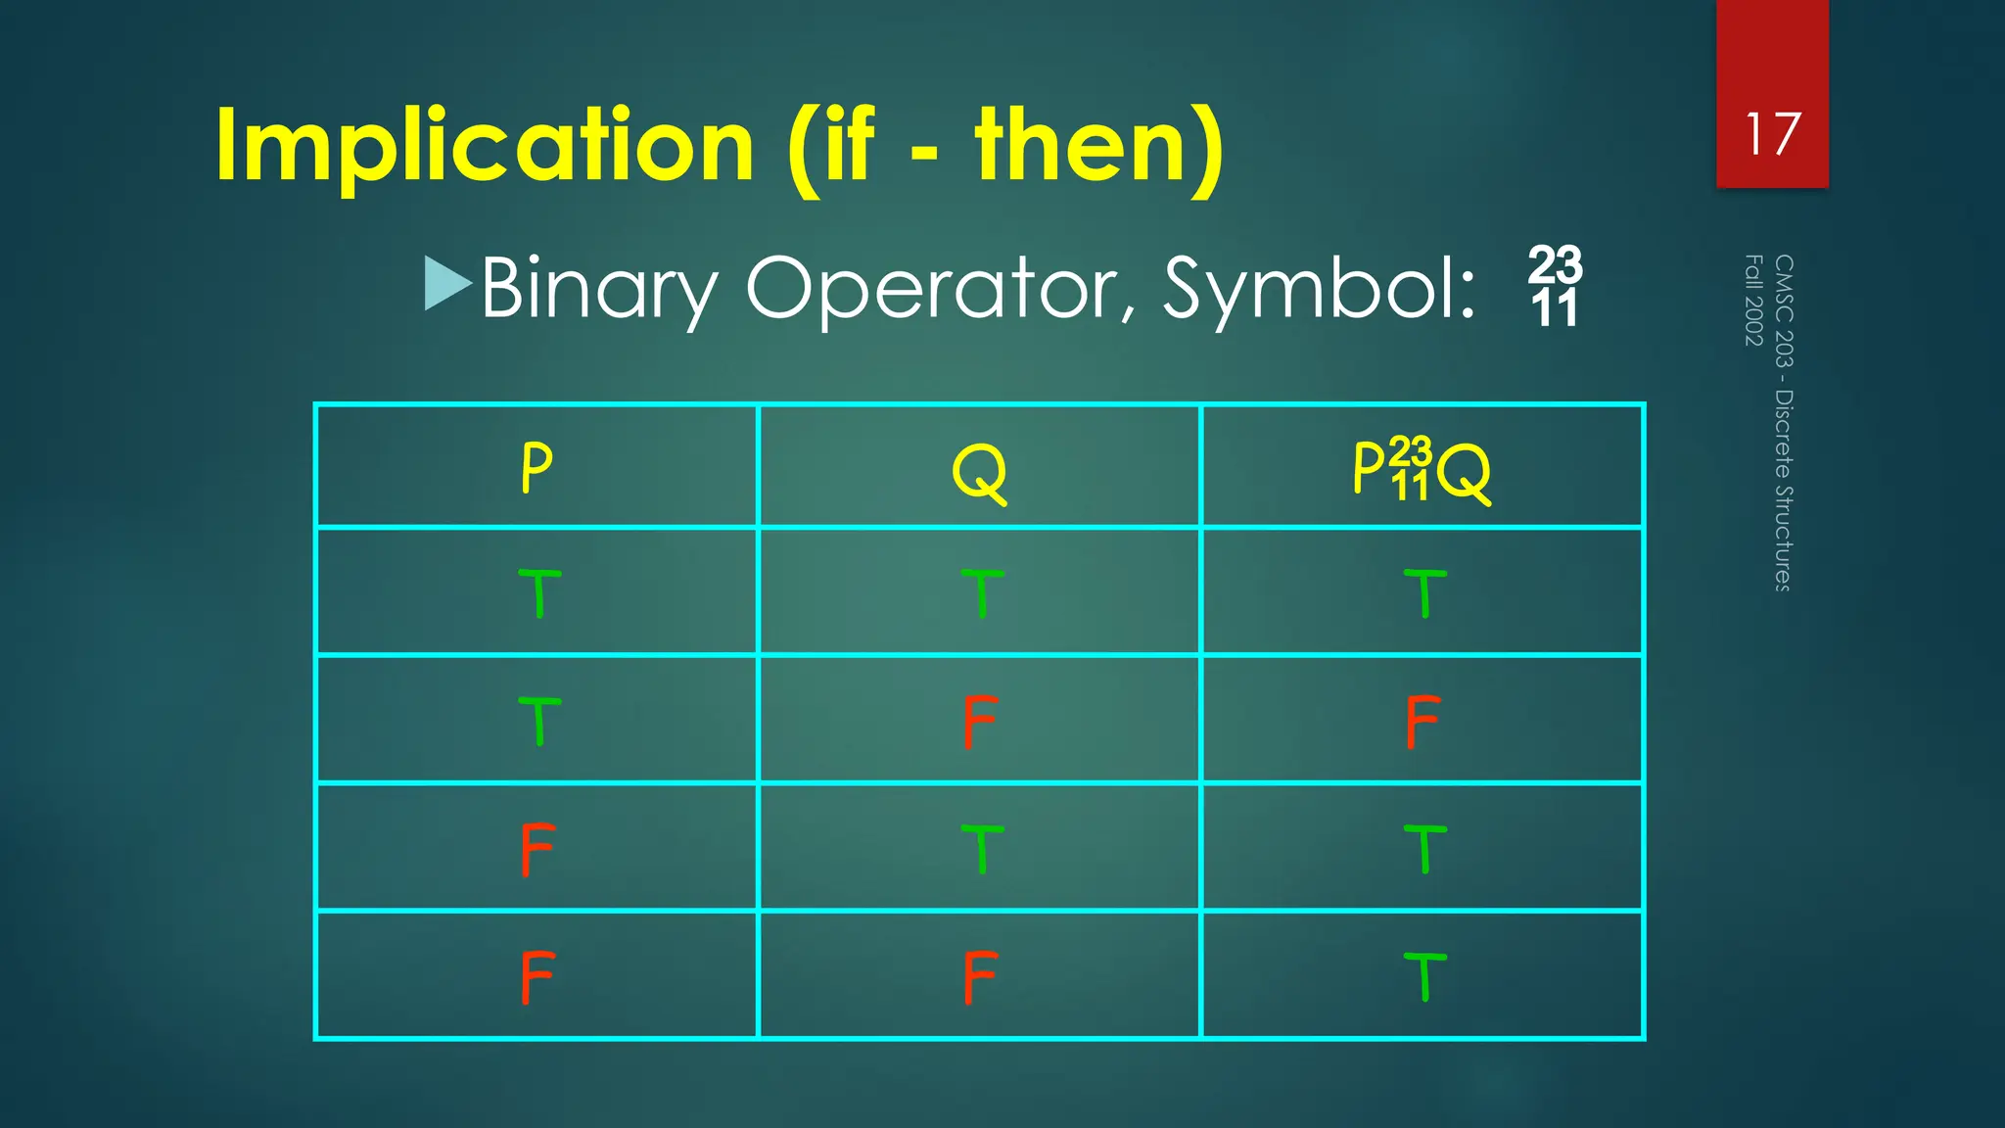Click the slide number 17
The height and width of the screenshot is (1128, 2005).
point(1772,134)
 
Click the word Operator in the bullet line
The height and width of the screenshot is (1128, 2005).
point(940,288)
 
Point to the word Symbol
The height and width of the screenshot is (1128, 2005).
point(1318,288)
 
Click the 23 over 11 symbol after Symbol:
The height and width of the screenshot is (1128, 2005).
point(1555,286)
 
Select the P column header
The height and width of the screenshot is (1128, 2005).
point(536,467)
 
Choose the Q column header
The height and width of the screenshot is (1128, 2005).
point(979,471)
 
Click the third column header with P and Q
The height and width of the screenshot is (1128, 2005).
point(1422,470)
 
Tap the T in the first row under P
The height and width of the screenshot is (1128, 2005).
point(538,592)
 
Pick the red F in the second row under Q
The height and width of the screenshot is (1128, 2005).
point(979,722)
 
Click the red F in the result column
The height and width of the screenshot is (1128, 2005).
point(1422,722)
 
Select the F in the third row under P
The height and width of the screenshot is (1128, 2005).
point(537,849)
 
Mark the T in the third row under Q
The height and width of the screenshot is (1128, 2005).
point(982,849)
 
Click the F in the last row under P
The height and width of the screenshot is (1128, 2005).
point(537,977)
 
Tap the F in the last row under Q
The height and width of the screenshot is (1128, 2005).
point(979,977)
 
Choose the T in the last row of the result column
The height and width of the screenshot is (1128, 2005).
point(1424,976)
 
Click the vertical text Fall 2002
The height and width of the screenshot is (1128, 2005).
point(1754,300)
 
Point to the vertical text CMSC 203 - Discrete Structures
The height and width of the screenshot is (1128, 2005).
point(1784,423)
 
